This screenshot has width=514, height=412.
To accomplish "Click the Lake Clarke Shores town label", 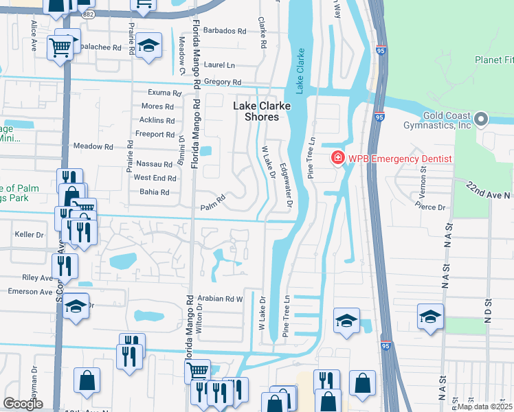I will pos(262,111).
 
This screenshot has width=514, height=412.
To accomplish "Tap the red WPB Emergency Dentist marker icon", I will pos(338,159).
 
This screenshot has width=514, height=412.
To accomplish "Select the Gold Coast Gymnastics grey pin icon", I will pos(482,120).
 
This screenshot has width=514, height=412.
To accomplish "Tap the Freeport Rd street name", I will pos(155,135).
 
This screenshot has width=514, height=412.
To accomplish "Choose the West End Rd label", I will pos(155,178).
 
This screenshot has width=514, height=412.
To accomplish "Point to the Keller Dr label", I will pos(29,235).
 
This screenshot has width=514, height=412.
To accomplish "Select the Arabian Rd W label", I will pos(221,299).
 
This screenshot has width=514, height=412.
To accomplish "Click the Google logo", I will pos(23,403).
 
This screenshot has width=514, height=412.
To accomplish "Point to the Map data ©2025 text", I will pos(484,407).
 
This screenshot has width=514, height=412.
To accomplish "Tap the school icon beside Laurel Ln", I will pos(146,46).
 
